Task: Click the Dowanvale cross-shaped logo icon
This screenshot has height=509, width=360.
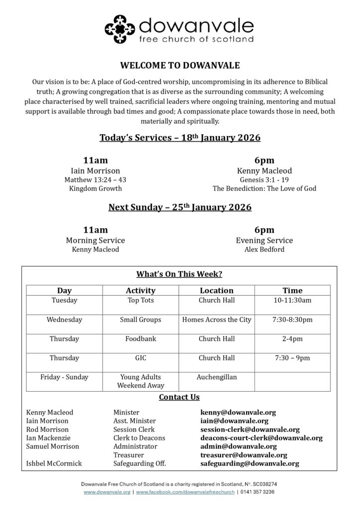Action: point(120,29)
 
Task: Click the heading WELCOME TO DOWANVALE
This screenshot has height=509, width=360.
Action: point(180,65)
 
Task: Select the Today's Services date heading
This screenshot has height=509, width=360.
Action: point(180,138)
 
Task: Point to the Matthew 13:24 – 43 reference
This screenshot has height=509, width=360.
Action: point(95,179)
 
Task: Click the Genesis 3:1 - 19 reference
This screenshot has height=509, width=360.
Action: point(264,179)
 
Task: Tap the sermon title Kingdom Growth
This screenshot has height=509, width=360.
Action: point(95,189)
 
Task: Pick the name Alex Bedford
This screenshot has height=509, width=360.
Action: point(264,250)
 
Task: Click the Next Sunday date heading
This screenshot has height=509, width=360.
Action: point(180,207)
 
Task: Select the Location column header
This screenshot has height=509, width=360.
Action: point(216,290)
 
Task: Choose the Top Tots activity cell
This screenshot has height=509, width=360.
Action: point(141,300)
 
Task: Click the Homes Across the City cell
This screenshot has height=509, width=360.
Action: point(216,320)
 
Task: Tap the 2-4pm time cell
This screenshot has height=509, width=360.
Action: point(292,339)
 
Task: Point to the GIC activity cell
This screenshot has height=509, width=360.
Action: point(141,358)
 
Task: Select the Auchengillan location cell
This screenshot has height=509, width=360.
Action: point(216,377)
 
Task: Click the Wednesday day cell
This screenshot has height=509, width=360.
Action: point(64,320)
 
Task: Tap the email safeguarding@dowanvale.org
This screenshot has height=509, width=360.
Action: point(250,463)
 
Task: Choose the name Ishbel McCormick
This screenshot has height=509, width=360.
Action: point(54,463)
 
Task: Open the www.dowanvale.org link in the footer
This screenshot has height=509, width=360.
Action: point(107,492)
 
